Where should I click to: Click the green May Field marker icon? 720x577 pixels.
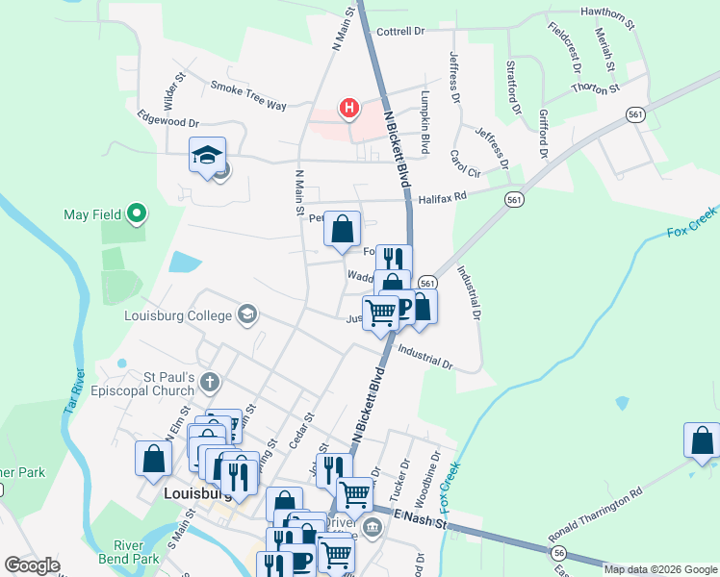pyautogui.click(x=137, y=213)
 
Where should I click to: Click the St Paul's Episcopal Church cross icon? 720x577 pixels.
pyautogui.click(x=211, y=383)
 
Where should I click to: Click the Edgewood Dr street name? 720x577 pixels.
pyautogui.click(x=167, y=123)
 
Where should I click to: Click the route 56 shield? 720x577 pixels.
pyautogui.click(x=558, y=553)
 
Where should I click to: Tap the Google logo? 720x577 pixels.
pyautogui.click(x=32, y=565)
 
